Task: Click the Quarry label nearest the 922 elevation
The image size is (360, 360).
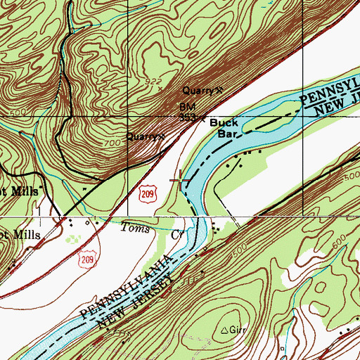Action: click(197, 91)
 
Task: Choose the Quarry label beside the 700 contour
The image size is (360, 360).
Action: click(141, 136)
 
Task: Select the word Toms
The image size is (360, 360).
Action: click(135, 228)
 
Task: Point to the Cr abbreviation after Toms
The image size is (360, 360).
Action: click(177, 234)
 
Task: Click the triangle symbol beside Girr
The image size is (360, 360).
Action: click(225, 329)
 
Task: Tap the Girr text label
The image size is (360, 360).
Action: click(239, 329)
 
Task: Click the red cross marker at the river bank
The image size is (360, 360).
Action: click(182, 180)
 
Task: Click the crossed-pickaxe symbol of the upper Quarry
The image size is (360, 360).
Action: click(219, 90)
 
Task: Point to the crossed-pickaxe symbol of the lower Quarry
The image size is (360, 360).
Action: click(163, 136)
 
